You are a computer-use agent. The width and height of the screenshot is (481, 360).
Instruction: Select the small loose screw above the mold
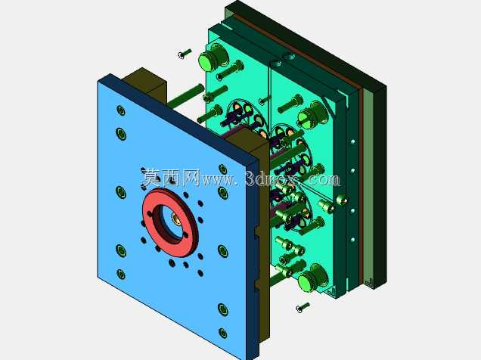(185, 54)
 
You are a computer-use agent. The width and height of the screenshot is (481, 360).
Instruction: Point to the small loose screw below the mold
(303, 307)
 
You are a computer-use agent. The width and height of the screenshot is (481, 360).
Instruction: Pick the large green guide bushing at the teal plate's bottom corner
(312, 277)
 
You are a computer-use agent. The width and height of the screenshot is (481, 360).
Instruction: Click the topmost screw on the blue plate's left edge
(121, 110)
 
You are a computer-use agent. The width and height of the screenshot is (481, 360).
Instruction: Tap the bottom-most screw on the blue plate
(222, 333)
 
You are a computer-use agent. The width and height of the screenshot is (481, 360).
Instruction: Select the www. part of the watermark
(219, 180)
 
